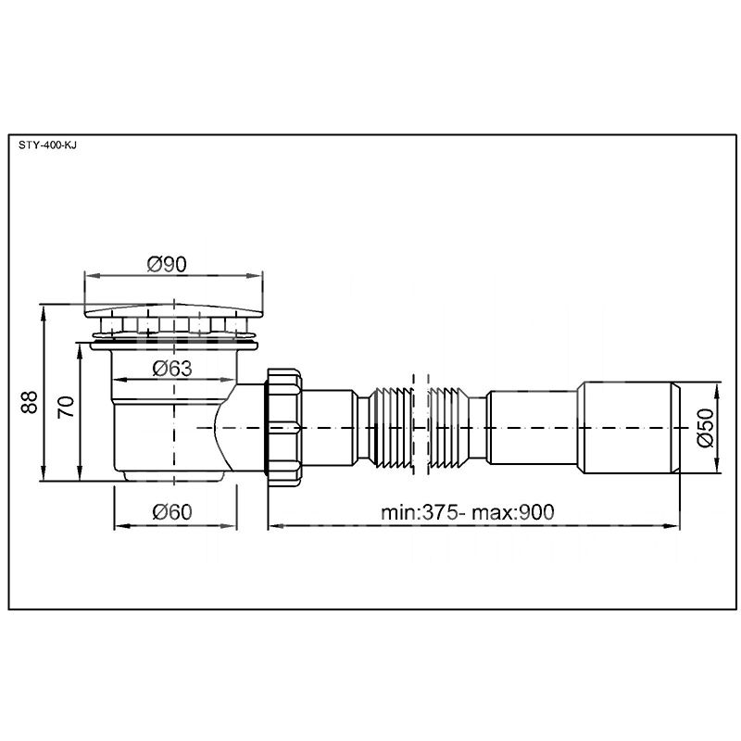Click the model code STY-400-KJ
(x=47, y=145)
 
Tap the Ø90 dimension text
(x=167, y=264)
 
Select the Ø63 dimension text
(x=172, y=369)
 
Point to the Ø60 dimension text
(x=172, y=512)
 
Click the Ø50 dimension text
(x=705, y=428)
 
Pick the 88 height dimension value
(x=30, y=402)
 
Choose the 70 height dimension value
(x=66, y=408)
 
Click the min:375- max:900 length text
(x=468, y=512)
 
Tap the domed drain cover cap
(x=173, y=310)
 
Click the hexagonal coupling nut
(x=284, y=428)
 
